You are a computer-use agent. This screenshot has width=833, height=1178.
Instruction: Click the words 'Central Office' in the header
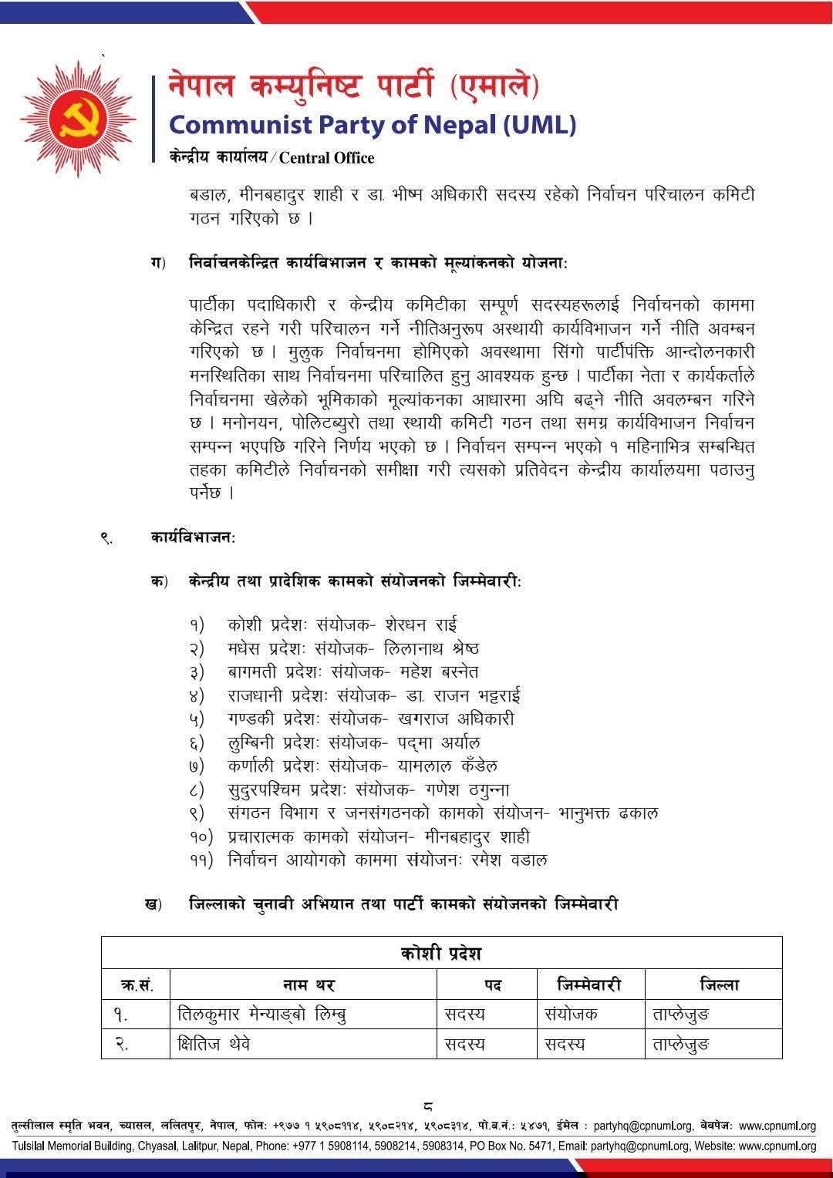[326, 158]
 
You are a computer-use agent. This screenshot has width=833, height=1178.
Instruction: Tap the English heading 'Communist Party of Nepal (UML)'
[372, 125]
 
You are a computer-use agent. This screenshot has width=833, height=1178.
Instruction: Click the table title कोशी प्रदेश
[441, 954]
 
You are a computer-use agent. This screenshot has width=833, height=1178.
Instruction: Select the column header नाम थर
[303, 984]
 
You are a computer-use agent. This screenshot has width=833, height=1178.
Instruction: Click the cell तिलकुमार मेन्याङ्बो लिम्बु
[261, 1015]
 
